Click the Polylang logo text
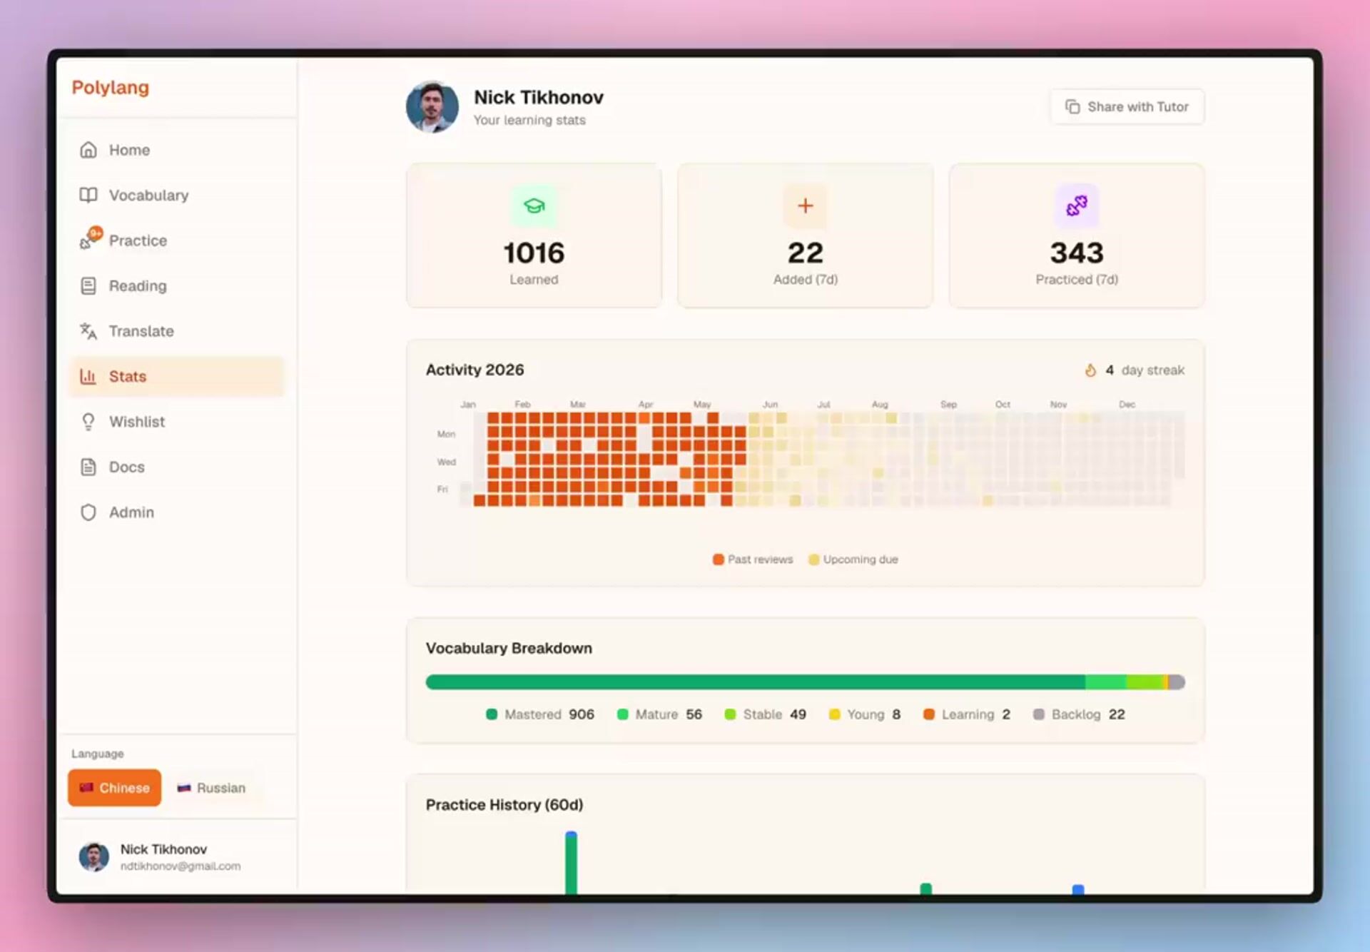pos(111,88)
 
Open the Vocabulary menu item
pos(134,195)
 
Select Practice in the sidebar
pos(123,240)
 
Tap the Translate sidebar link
pos(127,331)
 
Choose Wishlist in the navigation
pos(122,422)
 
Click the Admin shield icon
pos(88,512)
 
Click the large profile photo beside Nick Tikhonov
pos(432,107)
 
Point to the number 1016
pos(534,253)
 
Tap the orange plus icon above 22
pos(806,206)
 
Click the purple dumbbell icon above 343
pos(1077,206)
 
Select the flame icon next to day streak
pos(1090,370)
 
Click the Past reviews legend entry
pos(753,559)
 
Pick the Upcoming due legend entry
pos(853,559)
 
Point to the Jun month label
pos(770,404)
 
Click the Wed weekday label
pos(446,462)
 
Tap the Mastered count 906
pos(582,714)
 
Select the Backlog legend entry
pos(1079,714)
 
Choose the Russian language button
pos(211,788)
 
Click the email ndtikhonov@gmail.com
pos(181,866)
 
